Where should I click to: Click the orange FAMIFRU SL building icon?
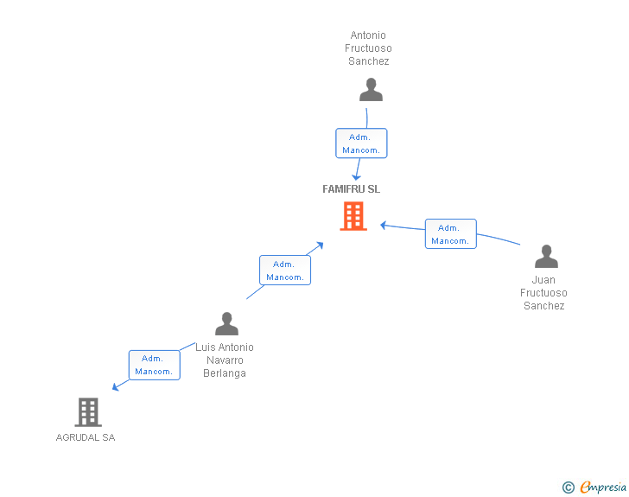[x=353, y=216]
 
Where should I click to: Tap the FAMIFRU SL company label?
[x=351, y=189]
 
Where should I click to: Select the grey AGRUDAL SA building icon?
[x=88, y=412]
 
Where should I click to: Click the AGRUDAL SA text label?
[x=86, y=437]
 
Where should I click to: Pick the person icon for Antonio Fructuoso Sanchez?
[x=371, y=90]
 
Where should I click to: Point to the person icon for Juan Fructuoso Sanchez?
[x=546, y=257]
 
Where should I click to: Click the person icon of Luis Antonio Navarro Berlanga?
[x=226, y=324]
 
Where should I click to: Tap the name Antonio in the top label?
[x=368, y=36]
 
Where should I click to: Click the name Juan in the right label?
[x=543, y=280]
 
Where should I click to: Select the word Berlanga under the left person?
[x=225, y=373]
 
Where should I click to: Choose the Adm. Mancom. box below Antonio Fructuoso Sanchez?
[x=361, y=143]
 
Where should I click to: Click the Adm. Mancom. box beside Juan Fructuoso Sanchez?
[x=450, y=234]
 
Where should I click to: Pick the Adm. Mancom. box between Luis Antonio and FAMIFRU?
[x=284, y=271]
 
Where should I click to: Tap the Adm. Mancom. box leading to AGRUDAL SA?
[x=154, y=365]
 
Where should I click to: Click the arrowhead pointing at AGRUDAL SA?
[x=116, y=387]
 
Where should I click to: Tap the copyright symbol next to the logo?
[x=568, y=487]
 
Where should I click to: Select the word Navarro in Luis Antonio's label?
[x=225, y=360]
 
